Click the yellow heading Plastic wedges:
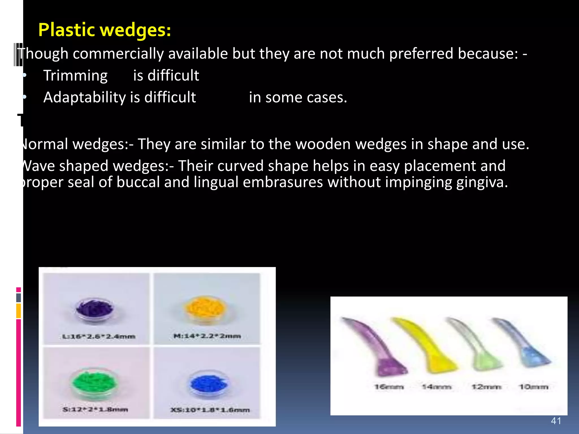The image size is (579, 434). [x=105, y=30]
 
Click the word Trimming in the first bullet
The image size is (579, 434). [x=75, y=76]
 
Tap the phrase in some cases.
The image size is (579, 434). [x=298, y=97]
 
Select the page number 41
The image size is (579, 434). [x=556, y=421]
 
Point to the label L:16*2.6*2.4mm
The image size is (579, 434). [x=99, y=337]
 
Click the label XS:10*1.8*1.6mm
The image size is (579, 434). [x=210, y=410]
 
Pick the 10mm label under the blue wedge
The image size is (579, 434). [x=533, y=387]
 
